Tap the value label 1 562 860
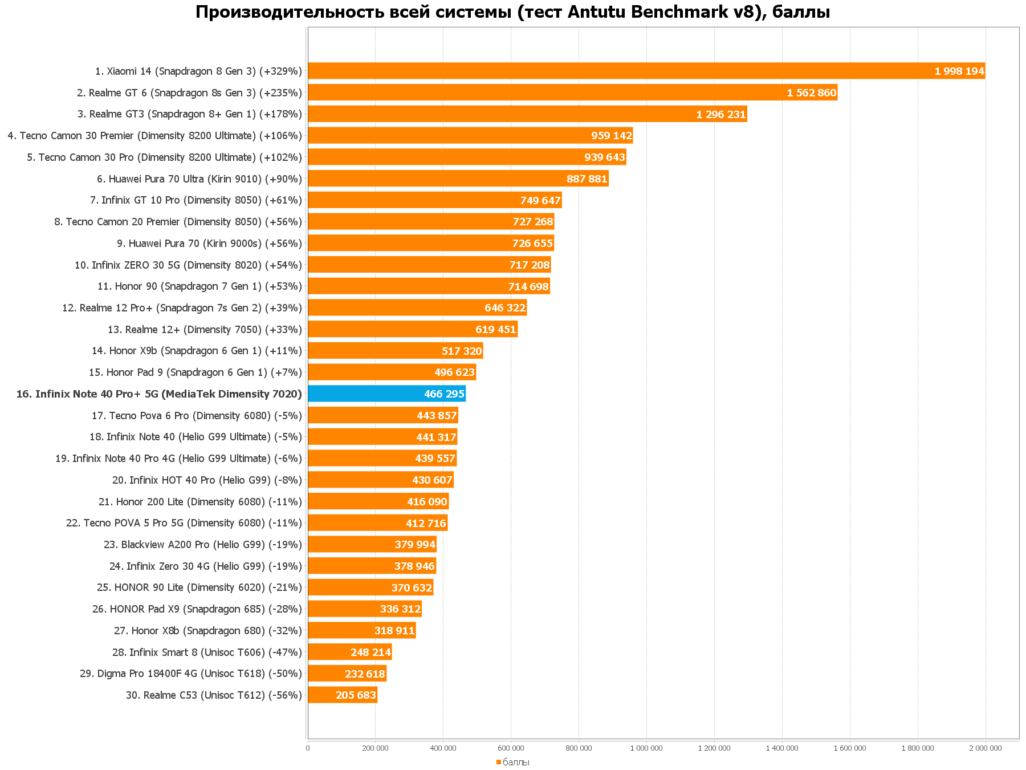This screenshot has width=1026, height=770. point(811,93)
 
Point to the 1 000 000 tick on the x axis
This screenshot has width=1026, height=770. point(646,748)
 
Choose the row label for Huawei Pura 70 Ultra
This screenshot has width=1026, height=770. point(199,179)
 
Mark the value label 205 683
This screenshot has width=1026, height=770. point(356,695)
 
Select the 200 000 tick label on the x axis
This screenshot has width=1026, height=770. point(375,748)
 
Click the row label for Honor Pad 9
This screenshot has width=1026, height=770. point(195,372)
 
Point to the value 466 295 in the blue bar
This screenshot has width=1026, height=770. point(444,394)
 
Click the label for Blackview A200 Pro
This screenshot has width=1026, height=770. point(202,545)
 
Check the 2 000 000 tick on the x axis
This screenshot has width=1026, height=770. point(985,748)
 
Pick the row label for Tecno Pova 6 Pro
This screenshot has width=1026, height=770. point(197,416)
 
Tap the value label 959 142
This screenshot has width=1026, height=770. point(611,136)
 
